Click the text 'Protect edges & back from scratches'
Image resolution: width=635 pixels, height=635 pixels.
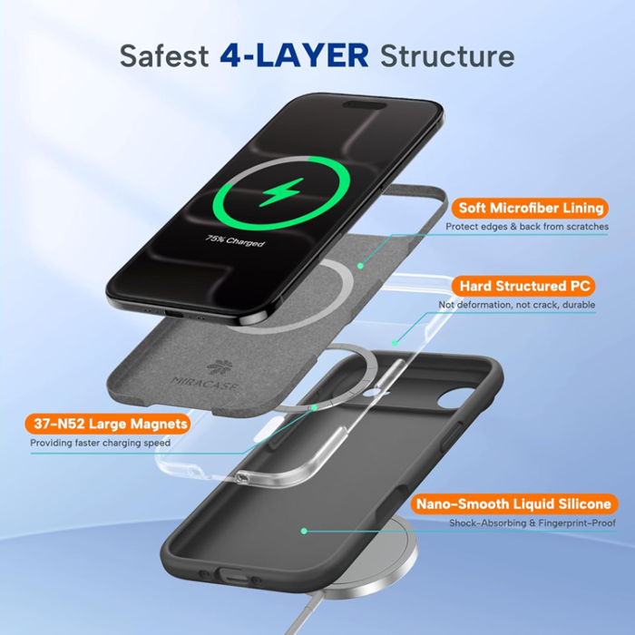tap(526, 227)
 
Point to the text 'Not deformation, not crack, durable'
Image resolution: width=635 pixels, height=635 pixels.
tap(517, 306)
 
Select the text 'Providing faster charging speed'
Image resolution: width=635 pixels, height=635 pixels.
tap(100, 443)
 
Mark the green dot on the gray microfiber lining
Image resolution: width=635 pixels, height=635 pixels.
tap(360, 265)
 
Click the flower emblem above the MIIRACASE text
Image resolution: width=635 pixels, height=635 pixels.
tap(218, 367)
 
